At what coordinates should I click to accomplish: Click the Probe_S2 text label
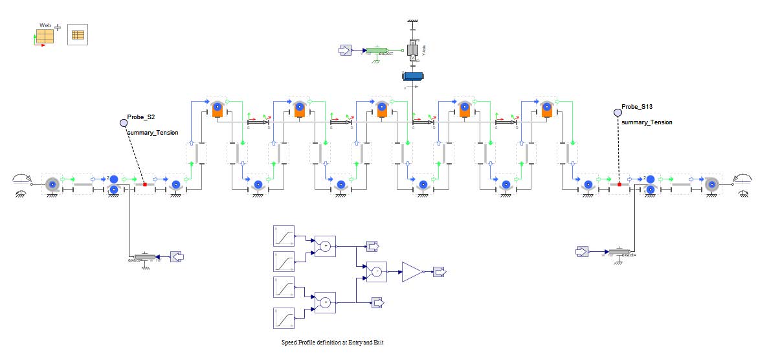pos(141,117)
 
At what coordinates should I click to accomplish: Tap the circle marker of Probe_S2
pos(124,122)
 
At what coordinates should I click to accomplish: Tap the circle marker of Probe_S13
pos(618,113)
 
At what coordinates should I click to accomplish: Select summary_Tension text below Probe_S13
pos(647,122)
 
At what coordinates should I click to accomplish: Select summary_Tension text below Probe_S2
pos(153,133)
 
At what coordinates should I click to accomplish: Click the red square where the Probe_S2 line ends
pos(145,185)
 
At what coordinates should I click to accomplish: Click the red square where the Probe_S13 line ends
pos(619,185)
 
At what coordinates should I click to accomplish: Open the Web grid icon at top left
pos(44,35)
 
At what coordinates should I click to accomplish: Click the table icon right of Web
pos(78,35)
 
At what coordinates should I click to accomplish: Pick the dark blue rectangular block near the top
pos(413,76)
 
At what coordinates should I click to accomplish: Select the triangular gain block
pos(412,272)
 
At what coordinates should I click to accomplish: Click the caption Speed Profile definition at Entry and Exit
pos(332,342)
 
